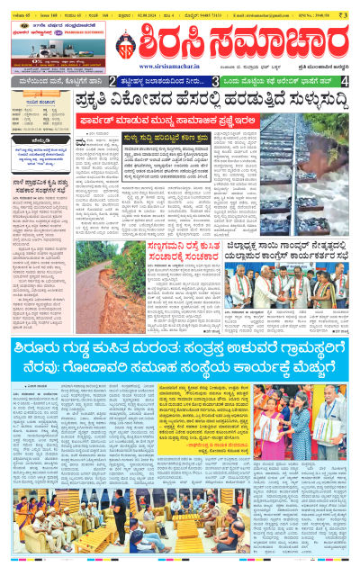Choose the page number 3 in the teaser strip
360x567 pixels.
point(215,81)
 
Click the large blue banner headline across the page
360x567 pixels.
point(180,355)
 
